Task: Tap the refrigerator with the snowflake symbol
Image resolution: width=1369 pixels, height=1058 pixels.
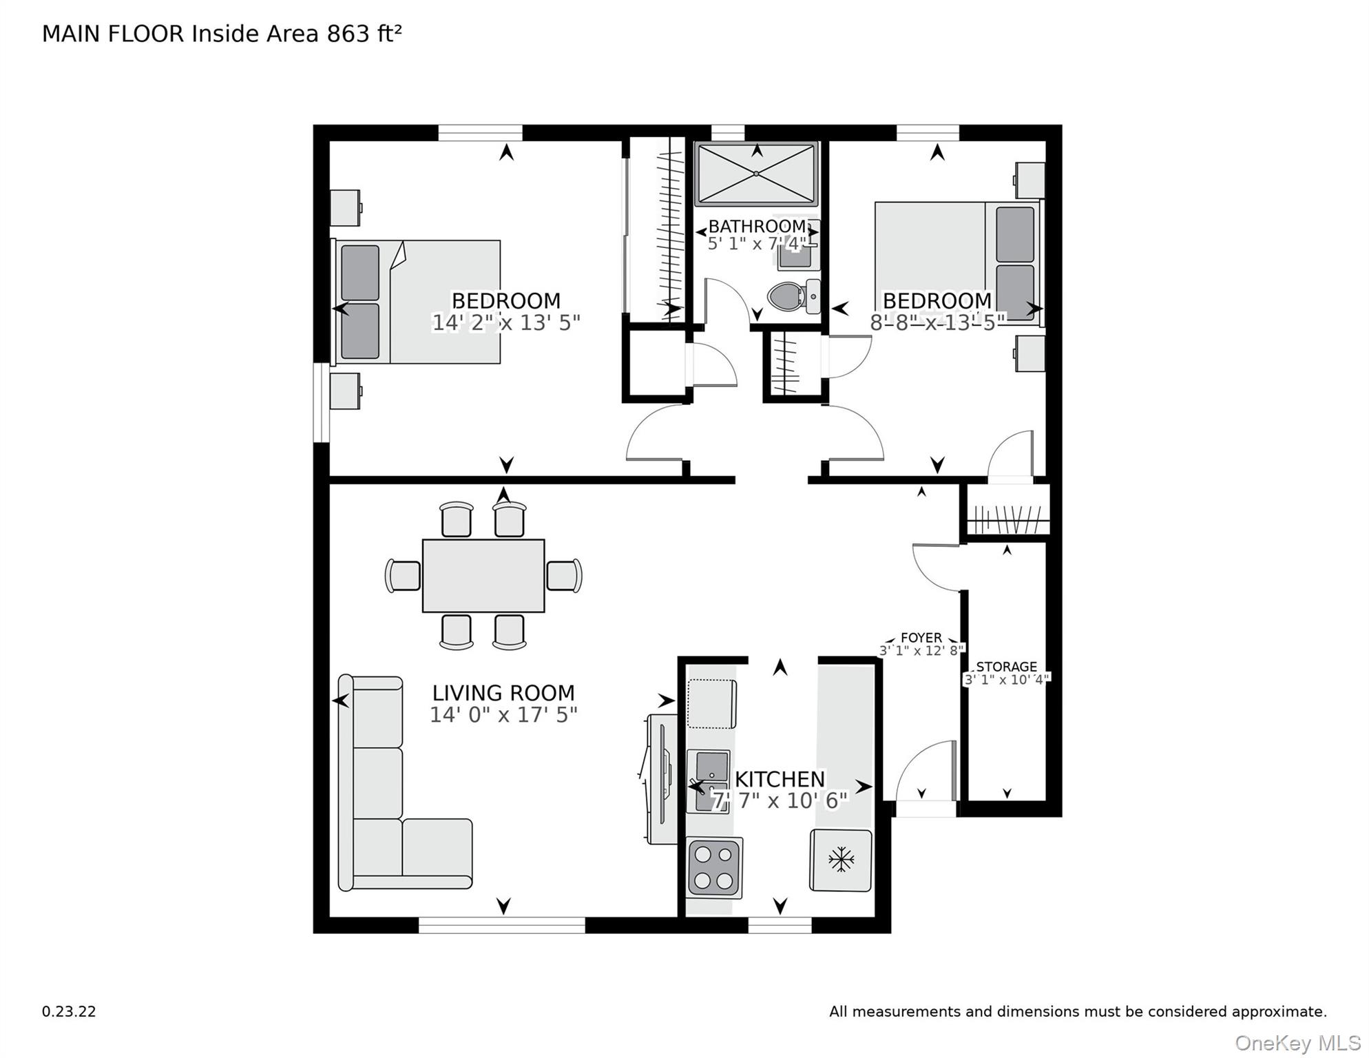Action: (x=840, y=860)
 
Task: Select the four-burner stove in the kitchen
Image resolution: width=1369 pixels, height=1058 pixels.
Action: (x=714, y=868)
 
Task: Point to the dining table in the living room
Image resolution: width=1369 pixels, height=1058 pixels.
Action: (x=483, y=576)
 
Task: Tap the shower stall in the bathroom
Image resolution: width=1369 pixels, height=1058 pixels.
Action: (x=755, y=174)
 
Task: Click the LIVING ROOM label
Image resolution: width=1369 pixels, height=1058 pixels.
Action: (x=503, y=693)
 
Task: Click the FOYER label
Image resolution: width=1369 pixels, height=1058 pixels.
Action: (x=921, y=638)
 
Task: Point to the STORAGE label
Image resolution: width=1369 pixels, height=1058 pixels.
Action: (x=1006, y=667)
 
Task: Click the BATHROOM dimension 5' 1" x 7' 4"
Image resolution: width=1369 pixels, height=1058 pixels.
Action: (x=757, y=244)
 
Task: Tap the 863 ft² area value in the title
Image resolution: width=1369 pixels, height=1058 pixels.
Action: (x=364, y=34)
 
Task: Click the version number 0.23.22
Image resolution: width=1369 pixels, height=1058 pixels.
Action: (x=69, y=1012)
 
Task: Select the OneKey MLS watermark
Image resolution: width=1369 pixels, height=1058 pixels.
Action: (x=1297, y=1043)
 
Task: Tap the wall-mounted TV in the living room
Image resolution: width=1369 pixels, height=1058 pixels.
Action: (x=661, y=778)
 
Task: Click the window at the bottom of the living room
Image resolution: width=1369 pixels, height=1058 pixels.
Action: (x=502, y=925)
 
